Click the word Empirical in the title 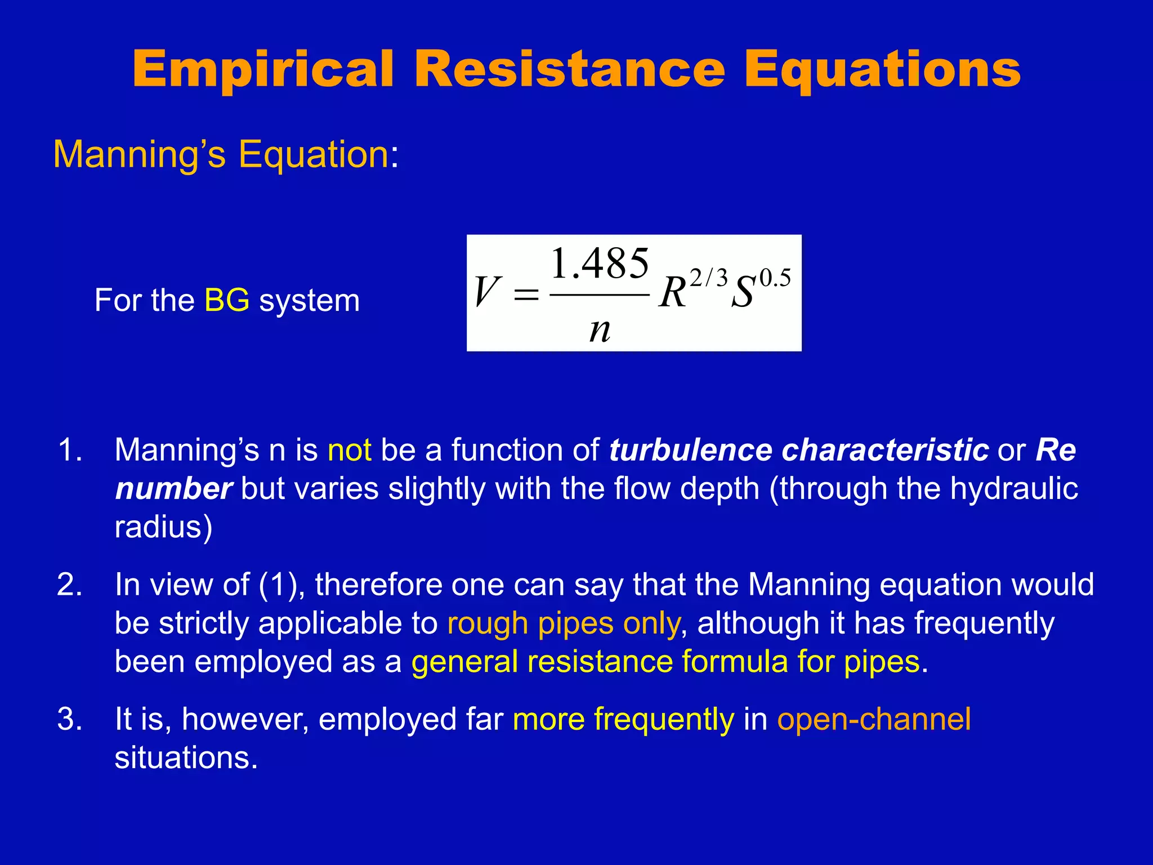tap(263, 70)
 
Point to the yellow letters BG tap(227, 300)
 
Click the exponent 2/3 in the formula tap(709, 278)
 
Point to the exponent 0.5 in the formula tap(775, 278)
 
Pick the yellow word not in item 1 tap(350, 451)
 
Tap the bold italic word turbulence tap(690, 451)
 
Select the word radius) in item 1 tap(163, 527)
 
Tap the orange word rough tap(488, 623)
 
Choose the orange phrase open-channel tap(874, 719)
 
